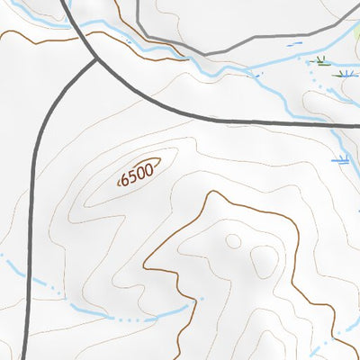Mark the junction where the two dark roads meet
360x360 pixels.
tap(96, 61)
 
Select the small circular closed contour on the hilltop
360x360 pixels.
tap(233, 241)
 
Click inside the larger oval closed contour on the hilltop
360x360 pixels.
tap(265, 261)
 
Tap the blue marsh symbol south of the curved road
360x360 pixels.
tap(340, 160)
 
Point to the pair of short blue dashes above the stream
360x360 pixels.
tap(290, 43)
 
